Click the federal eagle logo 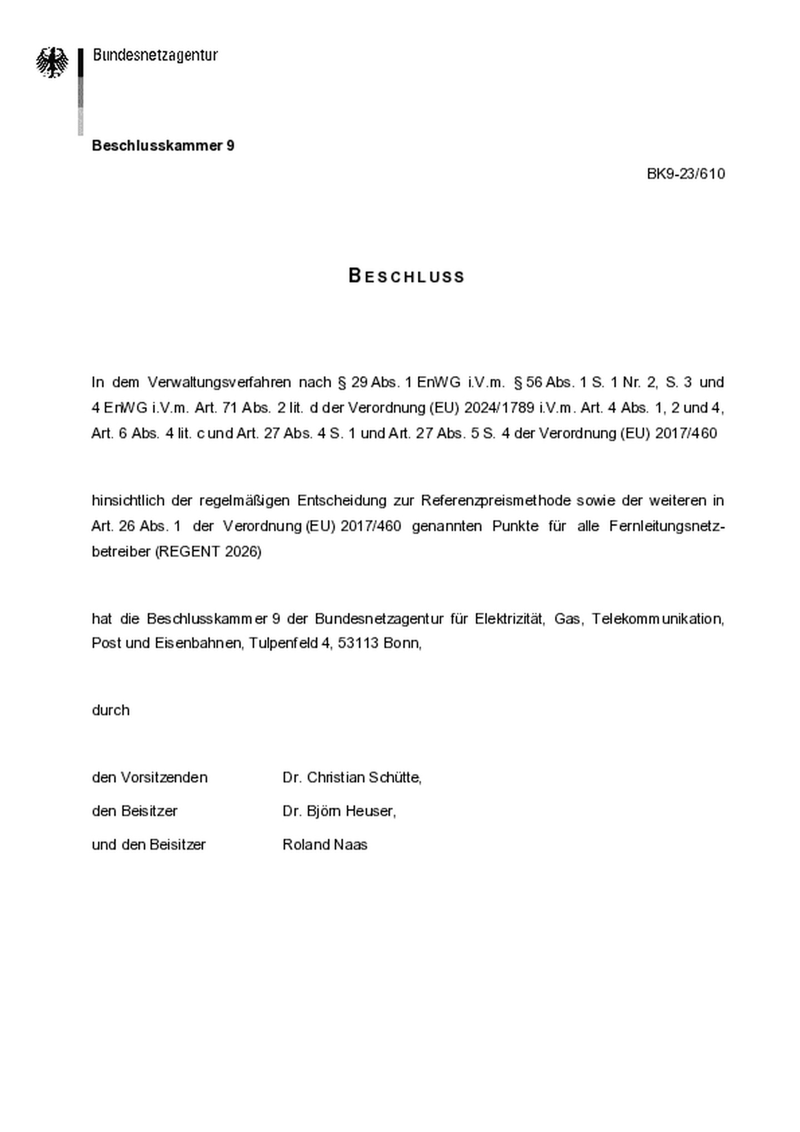tap(52, 62)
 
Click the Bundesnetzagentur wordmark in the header tap(155, 55)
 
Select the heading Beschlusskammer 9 tap(163, 146)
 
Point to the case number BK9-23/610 tap(686, 174)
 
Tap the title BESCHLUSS tap(407, 276)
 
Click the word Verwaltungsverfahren tap(219, 382)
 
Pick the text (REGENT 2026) tap(208, 552)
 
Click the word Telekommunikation tap(657, 618)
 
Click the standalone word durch tap(111, 710)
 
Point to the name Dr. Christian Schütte tap(351, 778)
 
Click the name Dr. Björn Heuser tap(339, 812)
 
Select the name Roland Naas tap(325, 845)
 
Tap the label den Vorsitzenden tap(149, 778)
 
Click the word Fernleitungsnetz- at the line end tap(667, 526)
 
